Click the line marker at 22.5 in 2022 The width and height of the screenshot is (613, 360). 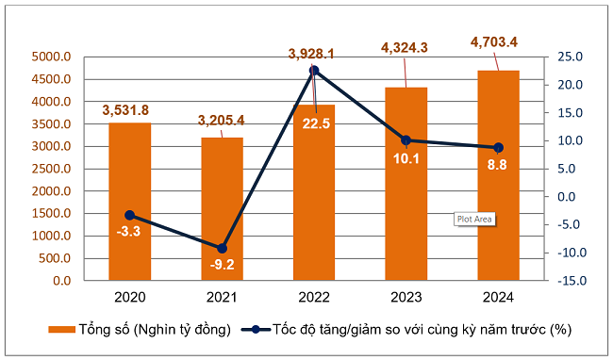314,71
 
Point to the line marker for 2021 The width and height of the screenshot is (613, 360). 222,248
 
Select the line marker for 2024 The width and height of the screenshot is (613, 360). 498,148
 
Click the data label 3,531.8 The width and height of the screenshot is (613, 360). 129,110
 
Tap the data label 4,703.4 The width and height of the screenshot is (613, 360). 498,41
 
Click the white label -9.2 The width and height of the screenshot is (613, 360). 222,265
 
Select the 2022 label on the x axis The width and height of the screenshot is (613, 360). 313,298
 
